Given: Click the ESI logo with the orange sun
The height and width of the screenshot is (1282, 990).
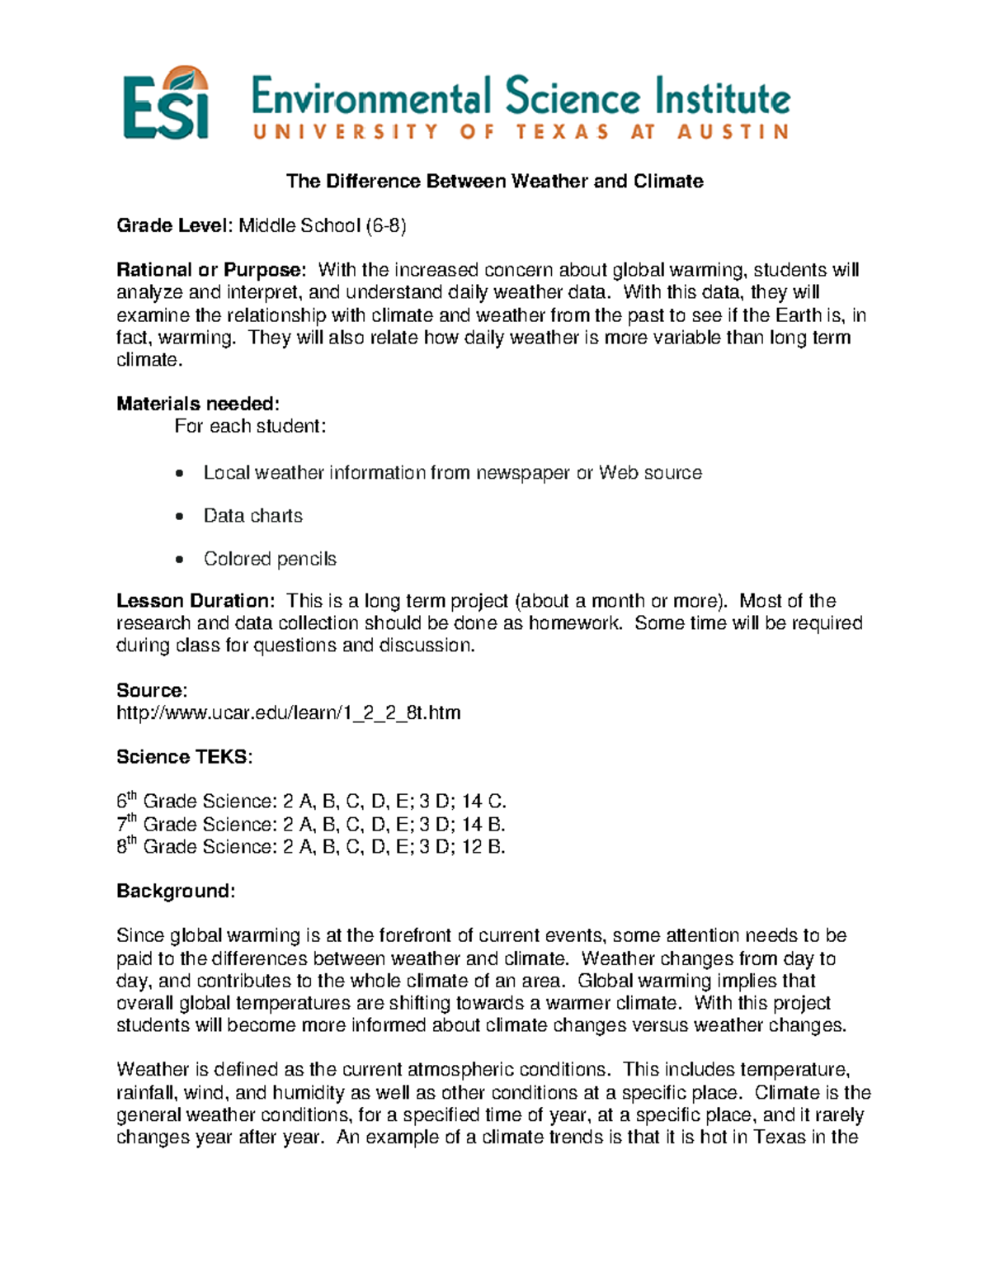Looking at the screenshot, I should click(166, 104).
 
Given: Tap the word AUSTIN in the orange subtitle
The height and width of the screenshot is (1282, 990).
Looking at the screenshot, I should click(733, 132).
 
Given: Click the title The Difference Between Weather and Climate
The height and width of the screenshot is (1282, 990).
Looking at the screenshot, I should click(494, 182).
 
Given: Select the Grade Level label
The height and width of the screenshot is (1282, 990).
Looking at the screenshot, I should click(175, 226).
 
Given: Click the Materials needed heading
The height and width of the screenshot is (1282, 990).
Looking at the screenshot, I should click(198, 404).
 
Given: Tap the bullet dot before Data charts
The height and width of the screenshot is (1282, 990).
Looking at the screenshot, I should click(180, 517).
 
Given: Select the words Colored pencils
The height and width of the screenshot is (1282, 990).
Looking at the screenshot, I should click(270, 559).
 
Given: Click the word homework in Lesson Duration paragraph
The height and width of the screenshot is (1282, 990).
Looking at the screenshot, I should click(574, 623).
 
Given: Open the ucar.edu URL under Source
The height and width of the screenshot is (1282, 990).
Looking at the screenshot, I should click(288, 712).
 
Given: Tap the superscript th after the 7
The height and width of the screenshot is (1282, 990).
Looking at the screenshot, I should click(131, 818).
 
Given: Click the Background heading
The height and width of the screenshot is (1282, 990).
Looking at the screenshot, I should click(176, 892).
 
